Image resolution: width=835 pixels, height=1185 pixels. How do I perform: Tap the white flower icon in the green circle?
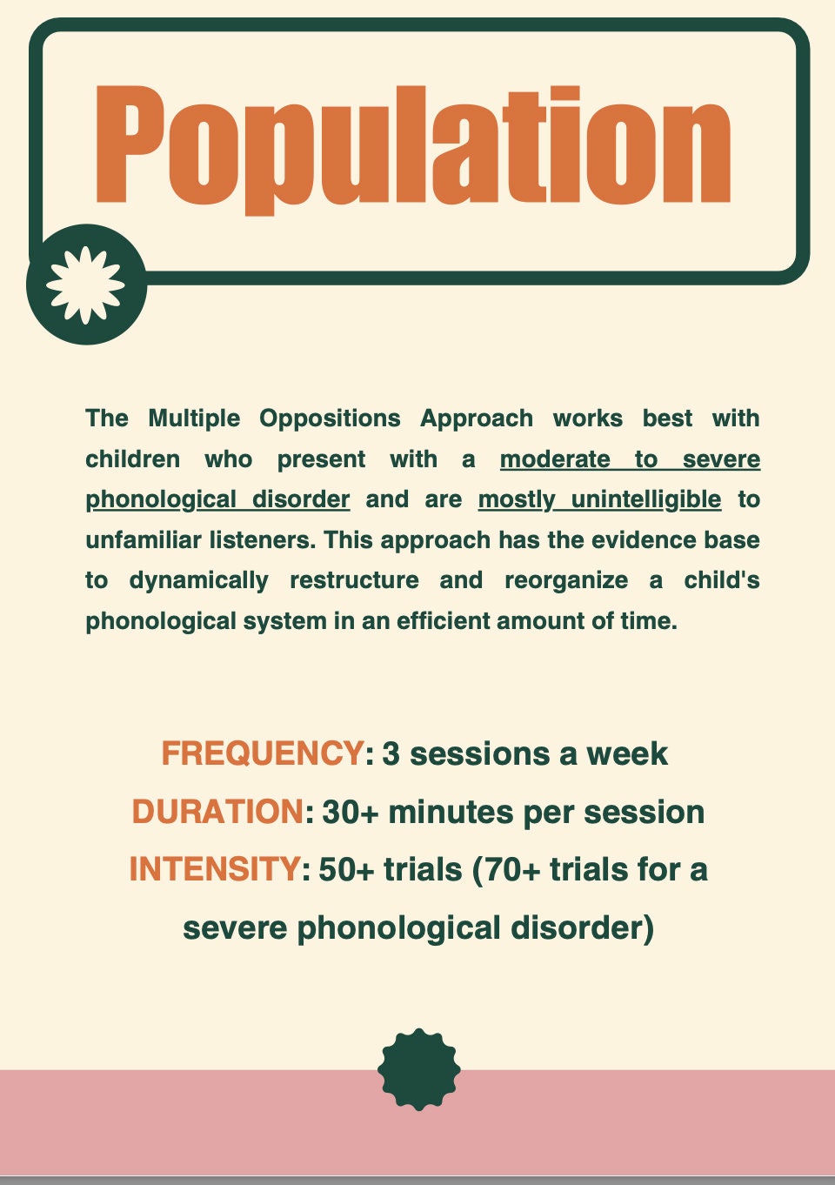[x=85, y=285]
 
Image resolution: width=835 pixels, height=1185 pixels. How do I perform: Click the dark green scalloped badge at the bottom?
[x=419, y=1069]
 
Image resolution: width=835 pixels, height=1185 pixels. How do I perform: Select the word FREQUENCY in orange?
[x=262, y=753]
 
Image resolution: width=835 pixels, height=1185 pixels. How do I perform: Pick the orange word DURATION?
[x=217, y=812]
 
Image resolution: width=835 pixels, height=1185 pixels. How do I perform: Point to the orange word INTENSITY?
[x=214, y=869]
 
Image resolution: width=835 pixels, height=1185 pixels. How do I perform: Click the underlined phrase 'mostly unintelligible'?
[x=599, y=499]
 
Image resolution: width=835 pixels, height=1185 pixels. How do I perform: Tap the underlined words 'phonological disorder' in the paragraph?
[x=217, y=499]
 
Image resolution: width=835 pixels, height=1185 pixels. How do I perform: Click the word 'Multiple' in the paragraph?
[x=194, y=418]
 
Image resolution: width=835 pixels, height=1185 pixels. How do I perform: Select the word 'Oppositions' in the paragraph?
[x=330, y=418]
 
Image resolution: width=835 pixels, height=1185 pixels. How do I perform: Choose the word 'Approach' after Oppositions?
[x=477, y=418]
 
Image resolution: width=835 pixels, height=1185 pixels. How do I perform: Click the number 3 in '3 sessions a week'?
[x=391, y=753]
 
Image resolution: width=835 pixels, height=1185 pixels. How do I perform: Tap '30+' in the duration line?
[x=351, y=812]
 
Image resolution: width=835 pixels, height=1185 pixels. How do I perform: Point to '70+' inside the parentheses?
[x=511, y=869]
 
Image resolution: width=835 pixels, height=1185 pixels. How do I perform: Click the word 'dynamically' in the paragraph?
[x=198, y=580]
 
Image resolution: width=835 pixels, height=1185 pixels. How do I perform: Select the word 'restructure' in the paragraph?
[x=354, y=580]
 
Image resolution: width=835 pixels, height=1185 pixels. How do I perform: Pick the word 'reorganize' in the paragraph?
[x=566, y=580]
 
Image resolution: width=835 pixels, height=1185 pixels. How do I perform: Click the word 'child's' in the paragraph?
[x=722, y=580]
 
